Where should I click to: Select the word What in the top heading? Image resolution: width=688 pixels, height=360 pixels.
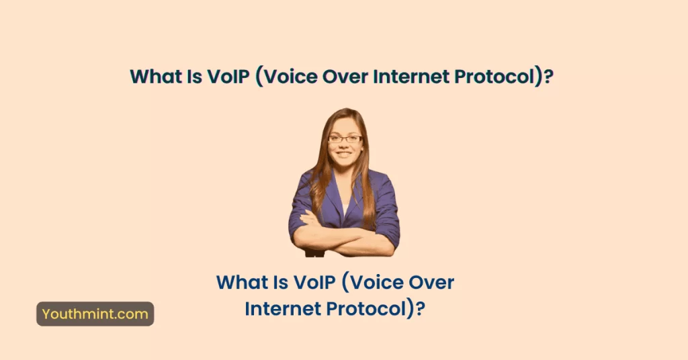click(154, 77)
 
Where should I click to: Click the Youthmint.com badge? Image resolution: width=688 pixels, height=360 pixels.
click(95, 314)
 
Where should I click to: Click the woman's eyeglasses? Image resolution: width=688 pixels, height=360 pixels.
click(345, 138)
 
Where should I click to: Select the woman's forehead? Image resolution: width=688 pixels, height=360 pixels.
click(345, 126)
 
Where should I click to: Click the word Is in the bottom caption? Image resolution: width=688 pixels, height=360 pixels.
click(275, 283)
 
